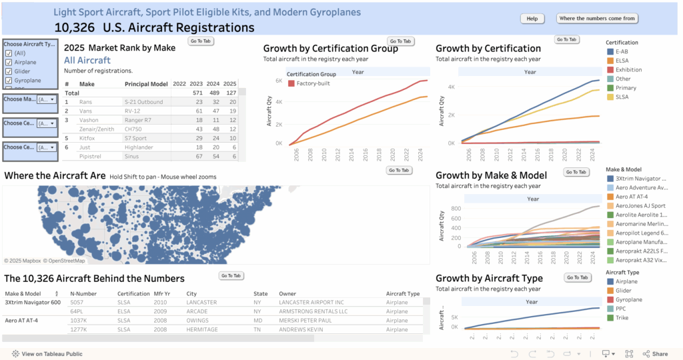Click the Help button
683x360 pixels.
(532, 19)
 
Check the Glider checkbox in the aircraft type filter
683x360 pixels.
(9, 71)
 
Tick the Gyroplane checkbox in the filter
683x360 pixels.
(9, 81)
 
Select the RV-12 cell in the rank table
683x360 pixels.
(133, 110)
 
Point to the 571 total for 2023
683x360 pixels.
(196, 93)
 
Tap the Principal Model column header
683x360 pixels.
(145, 84)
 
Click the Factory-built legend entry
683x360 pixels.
(311, 83)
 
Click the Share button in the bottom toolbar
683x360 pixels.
(656, 354)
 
